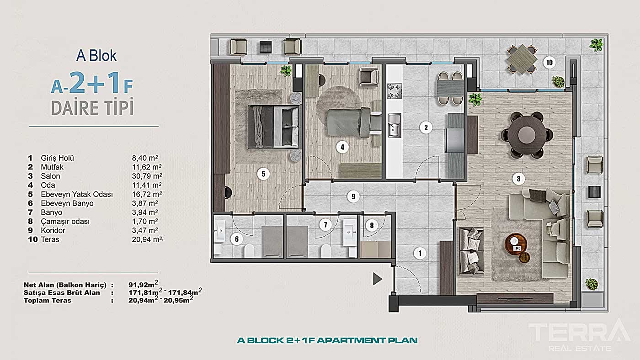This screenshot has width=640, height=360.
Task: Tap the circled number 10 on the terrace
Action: (549, 62)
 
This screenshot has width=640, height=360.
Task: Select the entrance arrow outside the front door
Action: (377, 279)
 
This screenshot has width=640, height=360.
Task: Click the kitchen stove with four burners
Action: (395, 90)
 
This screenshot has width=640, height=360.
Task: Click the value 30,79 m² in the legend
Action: (146, 176)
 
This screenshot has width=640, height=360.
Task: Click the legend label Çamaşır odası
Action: (65, 222)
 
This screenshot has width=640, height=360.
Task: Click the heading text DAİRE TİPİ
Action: (92, 108)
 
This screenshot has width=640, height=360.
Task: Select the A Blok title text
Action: (96, 56)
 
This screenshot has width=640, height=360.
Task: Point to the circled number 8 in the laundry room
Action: (372, 225)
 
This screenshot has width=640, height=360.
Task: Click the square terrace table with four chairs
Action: (521, 58)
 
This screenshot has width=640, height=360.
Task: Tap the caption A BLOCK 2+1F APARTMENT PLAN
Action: (327, 340)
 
